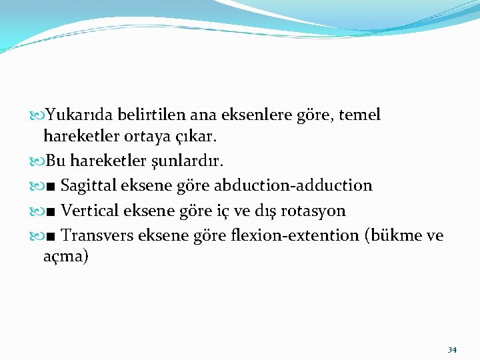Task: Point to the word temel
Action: pyautogui.click(x=360, y=115)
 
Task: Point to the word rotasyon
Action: pyautogui.click(x=313, y=211)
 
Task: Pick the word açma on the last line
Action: pyautogui.click(x=65, y=257)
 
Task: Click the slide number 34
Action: pyautogui.click(x=452, y=350)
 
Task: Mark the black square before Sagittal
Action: pyautogui.click(x=52, y=186)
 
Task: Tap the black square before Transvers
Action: pyautogui.click(x=52, y=236)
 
